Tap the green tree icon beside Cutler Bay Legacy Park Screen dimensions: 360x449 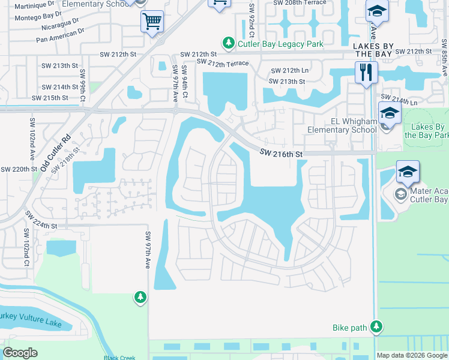(x=228, y=43)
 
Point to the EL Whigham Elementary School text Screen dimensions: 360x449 (x=342, y=125)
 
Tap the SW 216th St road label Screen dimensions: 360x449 (x=280, y=154)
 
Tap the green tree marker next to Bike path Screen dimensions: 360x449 (x=376, y=326)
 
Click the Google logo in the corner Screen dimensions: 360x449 (x=20, y=353)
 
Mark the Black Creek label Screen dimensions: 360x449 (x=119, y=358)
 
